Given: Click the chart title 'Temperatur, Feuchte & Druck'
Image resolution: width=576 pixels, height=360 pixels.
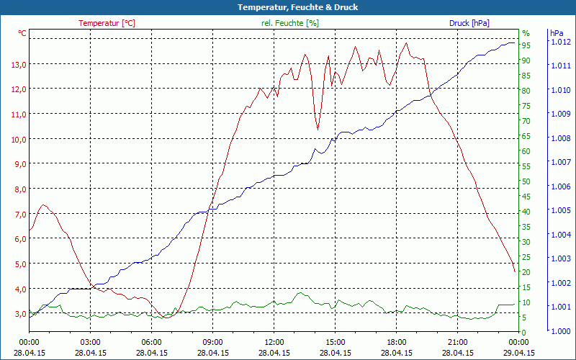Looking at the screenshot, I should point(288,7).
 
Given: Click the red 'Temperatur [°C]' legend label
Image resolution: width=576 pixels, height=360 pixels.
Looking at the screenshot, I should point(107,23).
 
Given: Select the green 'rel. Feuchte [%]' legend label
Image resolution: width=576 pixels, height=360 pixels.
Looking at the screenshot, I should point(290,23).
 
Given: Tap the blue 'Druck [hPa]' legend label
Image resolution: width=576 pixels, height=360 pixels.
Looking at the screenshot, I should point(469,23).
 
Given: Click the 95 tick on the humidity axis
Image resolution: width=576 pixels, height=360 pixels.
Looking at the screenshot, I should point(526,45).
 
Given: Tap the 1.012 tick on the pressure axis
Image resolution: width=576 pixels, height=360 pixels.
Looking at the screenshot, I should point(561,42).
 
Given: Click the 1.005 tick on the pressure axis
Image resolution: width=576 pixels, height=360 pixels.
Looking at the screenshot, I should point(561,210).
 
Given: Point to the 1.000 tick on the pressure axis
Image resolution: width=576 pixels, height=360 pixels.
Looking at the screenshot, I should point(561,331).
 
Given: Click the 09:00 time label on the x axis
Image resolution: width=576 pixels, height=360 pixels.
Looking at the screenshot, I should point(212,342).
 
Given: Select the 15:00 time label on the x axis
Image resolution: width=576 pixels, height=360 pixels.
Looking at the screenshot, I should point(336,342).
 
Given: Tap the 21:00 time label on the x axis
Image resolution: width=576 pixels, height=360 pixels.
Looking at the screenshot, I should point(458,342).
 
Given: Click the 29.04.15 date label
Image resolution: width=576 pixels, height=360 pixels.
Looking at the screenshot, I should point(519,352).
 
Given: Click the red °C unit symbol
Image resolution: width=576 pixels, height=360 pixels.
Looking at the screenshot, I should point(22,33).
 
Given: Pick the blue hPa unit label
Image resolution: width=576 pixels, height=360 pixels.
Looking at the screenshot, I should point(557,33).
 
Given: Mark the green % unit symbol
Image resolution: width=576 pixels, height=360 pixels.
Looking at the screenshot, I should point(526,33).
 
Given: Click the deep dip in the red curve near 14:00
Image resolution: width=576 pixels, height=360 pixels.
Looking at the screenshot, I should point(318,129).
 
